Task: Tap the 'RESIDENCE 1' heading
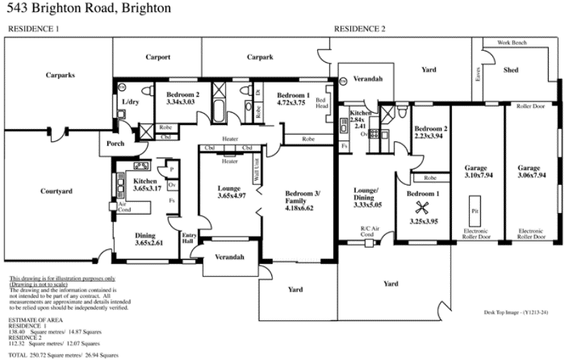(33, 29)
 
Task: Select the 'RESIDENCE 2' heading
(359, 29)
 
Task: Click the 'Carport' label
(158, 58)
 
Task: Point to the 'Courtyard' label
(56, 191)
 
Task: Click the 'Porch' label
(115, 144)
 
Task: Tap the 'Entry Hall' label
(189, 237)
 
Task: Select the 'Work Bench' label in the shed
(511, 43)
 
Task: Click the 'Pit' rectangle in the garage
(474, 211)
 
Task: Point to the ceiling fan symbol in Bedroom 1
(423, 207)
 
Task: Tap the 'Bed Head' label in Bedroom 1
(321, 103)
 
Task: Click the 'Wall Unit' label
(256, 172)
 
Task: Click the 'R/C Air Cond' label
(371, 232)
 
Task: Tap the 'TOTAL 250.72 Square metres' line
(64, 354)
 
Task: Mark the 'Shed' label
(510, 71)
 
